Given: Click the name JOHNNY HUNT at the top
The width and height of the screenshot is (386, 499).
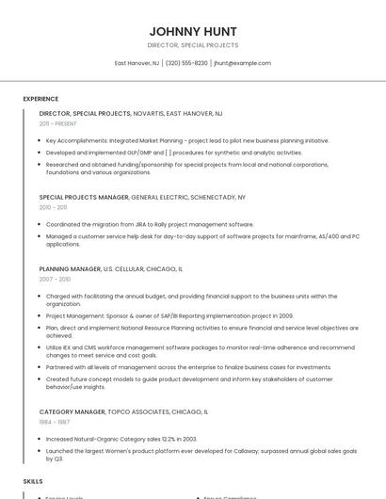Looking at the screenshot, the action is (x=193, y=31).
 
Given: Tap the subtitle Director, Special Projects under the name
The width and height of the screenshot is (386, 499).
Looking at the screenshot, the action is (x=193, y=45).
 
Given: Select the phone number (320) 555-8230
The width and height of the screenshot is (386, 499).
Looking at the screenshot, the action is (x=186, y=63).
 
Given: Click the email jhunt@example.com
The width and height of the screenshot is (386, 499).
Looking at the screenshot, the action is (x=242, y=63).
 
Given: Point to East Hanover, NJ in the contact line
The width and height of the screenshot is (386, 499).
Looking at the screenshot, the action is (x=137, y=63).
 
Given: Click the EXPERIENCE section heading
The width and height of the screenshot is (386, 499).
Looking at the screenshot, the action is (x=40, y=98).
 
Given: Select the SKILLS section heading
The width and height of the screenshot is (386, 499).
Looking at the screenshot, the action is (x=33, y=480).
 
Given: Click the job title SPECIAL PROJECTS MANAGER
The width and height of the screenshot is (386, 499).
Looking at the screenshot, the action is (x=84, y=198).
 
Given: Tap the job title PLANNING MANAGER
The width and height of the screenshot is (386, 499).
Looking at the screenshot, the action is (x=70, y=269).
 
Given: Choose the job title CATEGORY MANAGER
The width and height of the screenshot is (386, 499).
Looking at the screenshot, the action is (x=72, y=411).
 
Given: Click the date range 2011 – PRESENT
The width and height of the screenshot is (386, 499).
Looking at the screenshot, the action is (x=57, y=123).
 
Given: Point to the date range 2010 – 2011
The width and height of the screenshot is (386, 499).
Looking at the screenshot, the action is (x=53, y=207).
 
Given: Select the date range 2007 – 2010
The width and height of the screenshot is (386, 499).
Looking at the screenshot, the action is (x=55, y=280).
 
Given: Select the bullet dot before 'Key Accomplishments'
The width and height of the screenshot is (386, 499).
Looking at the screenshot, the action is (x=40, y=140).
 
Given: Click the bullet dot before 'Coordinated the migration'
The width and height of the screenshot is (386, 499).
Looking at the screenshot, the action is (x=40, y=224).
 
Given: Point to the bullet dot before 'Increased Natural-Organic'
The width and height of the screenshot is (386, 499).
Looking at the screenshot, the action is (x=40, y=439).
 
